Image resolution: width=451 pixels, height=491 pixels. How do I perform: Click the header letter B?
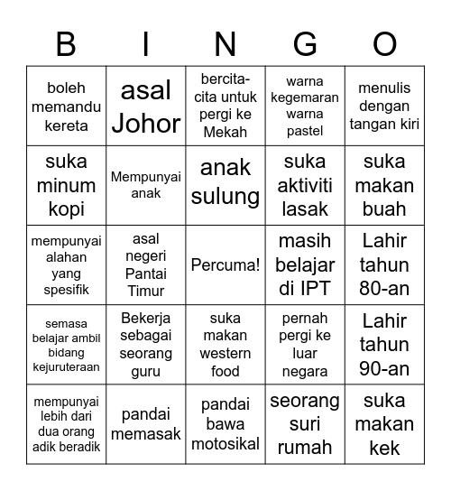pyautogui.click(x=66, y=43)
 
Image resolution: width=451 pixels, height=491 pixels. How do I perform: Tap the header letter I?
pyautogui.click(x=146, y=43)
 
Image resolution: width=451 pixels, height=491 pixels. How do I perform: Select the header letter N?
pyautogui.click(x=225, y=43)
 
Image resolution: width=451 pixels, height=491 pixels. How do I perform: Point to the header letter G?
pyautogui.click(x=306, y=43)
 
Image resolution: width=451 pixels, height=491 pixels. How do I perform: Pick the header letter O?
pyautogui.click(x=385, y=43)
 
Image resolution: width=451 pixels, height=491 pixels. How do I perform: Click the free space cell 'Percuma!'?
pyautogui.click(x=225, y=265)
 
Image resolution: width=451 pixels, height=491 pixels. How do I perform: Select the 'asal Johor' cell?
pyautogui.click(x=146, y=106)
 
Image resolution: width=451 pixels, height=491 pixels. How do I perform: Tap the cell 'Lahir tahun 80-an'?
pyautogui.click(x=385, y=265)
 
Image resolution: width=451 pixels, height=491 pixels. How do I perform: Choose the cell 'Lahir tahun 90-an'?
pyautogui.click(x=385, y=345)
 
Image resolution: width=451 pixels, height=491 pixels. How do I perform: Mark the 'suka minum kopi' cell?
pyautogui.click(x=66, y=185)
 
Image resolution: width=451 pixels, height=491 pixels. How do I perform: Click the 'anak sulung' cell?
pyautogui.click(x=225, y=185)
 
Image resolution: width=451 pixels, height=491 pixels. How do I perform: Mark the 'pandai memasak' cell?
pyautogui.click(x=146, y=424)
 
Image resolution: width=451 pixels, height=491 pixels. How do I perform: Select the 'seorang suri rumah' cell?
pyautogui.click(x=306, y=424)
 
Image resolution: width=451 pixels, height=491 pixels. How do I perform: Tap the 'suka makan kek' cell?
pyautogui.click(x=385, y=424)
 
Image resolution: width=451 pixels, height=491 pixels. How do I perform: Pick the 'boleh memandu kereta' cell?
pyautogui.click(x=66, y=106)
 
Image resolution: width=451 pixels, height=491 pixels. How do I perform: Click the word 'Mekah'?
pyautogui.click(x=225, y=132)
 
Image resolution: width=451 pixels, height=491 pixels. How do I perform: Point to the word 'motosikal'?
pyautogui.click(x=225, y=443)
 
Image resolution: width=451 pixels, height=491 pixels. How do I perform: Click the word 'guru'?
pyautogui.click(x=146, y=371)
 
